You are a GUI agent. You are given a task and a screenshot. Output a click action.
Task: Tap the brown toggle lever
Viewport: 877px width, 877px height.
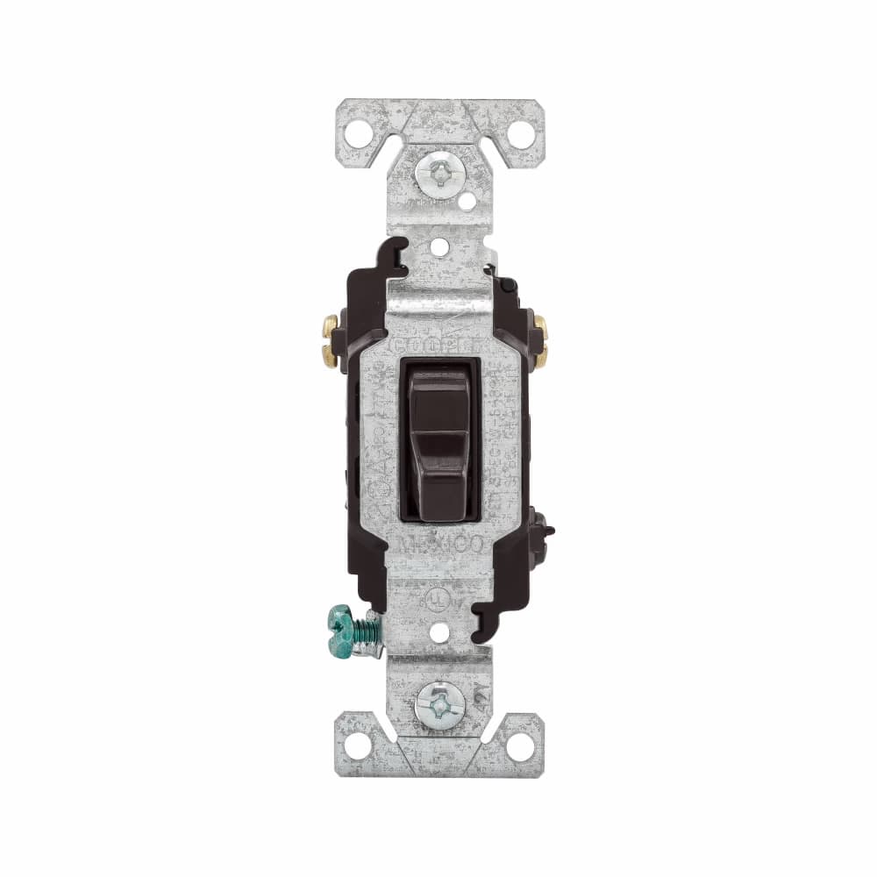coord(439,438)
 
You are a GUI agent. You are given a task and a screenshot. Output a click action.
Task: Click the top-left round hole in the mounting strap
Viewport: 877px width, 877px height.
coord(357,133)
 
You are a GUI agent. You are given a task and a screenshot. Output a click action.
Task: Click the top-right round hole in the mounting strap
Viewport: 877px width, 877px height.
coord(520,133)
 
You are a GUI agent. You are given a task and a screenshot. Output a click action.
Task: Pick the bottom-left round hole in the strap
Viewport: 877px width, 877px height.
coord(357,745)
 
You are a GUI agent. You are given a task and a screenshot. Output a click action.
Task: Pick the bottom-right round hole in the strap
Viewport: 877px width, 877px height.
coord(520,745)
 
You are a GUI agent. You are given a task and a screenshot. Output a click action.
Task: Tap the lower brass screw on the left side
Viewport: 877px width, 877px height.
coord(330,353)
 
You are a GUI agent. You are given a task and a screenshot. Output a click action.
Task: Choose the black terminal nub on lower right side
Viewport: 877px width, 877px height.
coord(547,530)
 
